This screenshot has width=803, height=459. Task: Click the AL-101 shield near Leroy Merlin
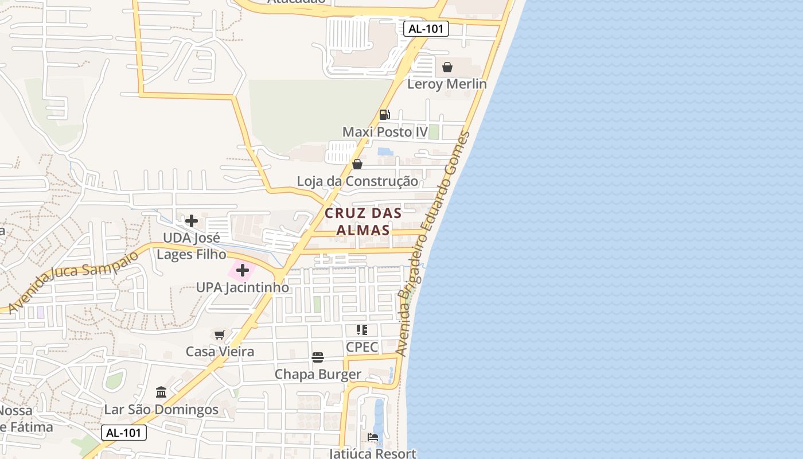tap(426, 29)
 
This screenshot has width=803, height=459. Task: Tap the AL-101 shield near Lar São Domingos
tap(124, 433)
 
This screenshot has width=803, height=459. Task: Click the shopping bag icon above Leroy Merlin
tap(447, 67)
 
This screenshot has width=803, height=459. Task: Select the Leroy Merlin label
tap(447, 84)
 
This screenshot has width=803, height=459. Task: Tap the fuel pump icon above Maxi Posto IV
tap(384, 115)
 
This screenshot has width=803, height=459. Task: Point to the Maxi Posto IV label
tap(385, 132)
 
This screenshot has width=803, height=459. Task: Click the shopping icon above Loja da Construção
tap(357, 165)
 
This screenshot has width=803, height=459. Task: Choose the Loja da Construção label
tap(357, 181)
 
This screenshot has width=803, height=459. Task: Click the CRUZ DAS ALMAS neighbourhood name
tap(363, 221)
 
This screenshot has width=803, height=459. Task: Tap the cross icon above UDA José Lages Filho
tap(192, 220)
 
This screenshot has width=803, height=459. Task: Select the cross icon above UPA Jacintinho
tap(243, 270)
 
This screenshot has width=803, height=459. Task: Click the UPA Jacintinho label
tap(243, 287)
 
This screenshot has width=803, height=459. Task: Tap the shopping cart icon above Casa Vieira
tap(219, 334)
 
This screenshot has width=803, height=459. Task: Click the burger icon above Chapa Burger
tap(318, 357)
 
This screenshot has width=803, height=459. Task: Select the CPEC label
tap(362, 347)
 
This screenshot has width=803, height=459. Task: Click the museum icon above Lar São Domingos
tap(161, 392)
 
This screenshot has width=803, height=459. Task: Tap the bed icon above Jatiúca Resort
tap(373, 438)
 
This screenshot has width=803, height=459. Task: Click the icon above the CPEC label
tap(362, 330)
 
